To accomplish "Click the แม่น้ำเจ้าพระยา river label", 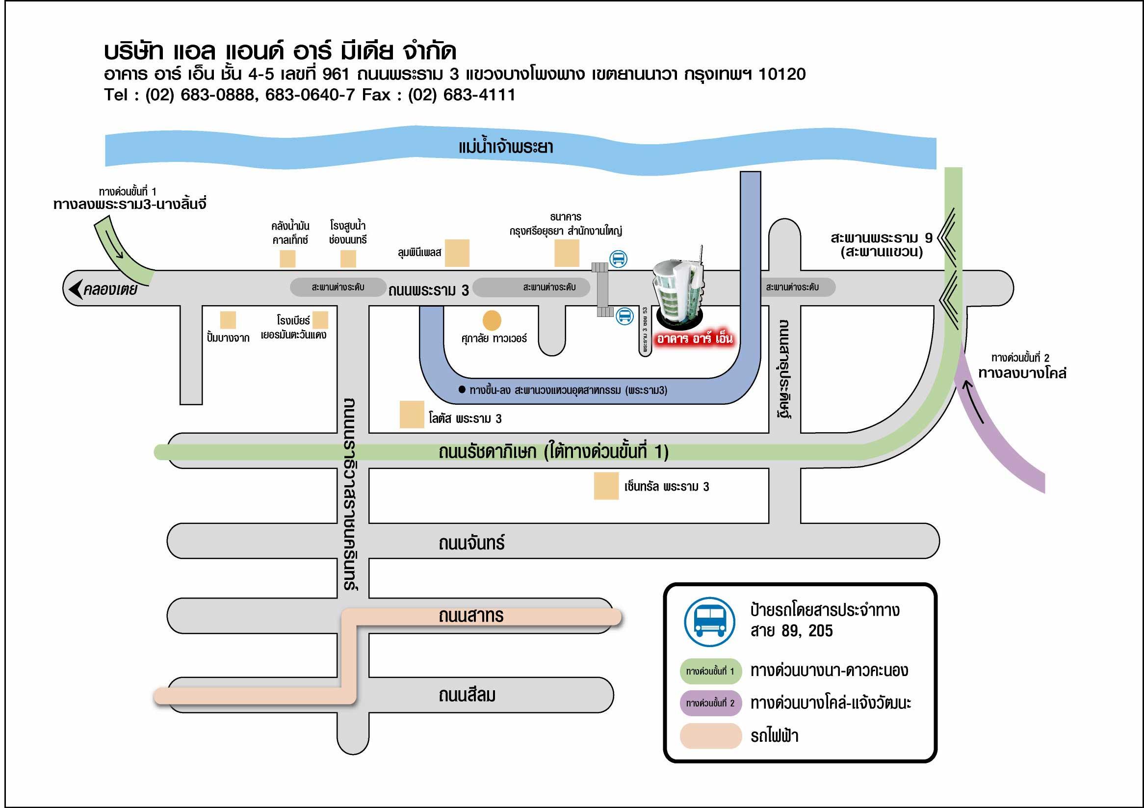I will (505, 148).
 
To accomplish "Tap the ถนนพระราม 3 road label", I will (428, 290).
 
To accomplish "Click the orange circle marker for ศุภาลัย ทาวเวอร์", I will (492, 320).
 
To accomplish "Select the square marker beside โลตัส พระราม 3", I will (412, 415).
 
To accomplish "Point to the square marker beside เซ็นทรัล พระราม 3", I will (606, 486).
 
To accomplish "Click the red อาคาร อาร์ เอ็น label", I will (694, 339).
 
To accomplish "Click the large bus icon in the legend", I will (709, 622).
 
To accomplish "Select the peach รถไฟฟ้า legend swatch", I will (710, 736).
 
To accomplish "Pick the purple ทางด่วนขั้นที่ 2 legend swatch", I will (710, 703).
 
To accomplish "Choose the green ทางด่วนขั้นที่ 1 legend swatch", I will (710, 671).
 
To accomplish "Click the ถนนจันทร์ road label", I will (471, 543).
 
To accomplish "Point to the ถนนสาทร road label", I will (471, 616).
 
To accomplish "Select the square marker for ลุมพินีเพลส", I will (457, 253).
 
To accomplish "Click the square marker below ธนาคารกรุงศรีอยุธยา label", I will (567, 253).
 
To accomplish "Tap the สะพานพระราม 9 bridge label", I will (881, 245).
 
